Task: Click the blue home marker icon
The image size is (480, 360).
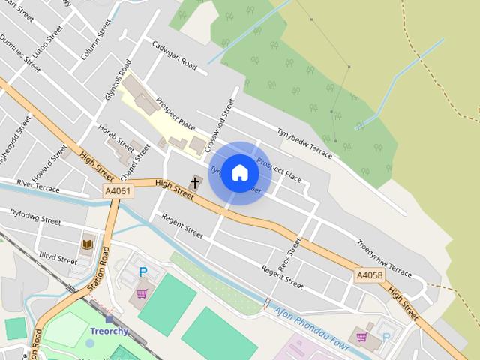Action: (240, 173)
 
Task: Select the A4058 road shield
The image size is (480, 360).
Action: (369, 275)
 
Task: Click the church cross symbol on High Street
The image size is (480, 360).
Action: (196, 181)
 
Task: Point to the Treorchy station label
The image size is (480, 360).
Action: (109, 331)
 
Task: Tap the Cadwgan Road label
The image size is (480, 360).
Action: (174, 55)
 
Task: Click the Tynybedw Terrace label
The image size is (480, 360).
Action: (304, 141)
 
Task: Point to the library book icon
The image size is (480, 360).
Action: (86, 244)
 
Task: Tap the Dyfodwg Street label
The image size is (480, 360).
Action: (35, 217)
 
